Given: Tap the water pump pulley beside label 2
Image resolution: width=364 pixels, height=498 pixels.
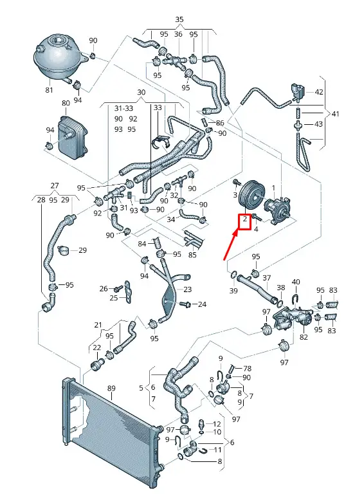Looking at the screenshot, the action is (250, 196).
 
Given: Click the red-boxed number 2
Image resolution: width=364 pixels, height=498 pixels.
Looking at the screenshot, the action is (245, 219).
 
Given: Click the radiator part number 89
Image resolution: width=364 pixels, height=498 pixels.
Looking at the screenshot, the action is (111, 388).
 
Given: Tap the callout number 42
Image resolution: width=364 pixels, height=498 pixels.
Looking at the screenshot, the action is (318, 92).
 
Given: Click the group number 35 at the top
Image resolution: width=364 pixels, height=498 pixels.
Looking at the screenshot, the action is (179, 19).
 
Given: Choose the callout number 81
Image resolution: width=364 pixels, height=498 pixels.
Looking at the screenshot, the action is (49, 90).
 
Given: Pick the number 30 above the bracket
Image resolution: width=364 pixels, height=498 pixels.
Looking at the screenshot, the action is (141, 92).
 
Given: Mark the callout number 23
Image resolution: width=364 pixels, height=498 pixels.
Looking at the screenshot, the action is (188, 290).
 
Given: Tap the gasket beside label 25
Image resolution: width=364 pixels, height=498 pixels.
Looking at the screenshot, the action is (127, 291).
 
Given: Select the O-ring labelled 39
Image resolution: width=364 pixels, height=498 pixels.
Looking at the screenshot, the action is (233, 275).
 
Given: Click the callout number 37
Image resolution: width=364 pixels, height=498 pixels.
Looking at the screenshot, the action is (267, 278).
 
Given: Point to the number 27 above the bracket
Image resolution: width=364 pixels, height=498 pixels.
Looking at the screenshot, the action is (55, 185).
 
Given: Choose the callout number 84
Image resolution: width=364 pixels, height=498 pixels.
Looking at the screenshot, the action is (142, 244).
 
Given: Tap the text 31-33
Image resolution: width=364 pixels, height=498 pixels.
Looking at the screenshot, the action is (123, 108).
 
